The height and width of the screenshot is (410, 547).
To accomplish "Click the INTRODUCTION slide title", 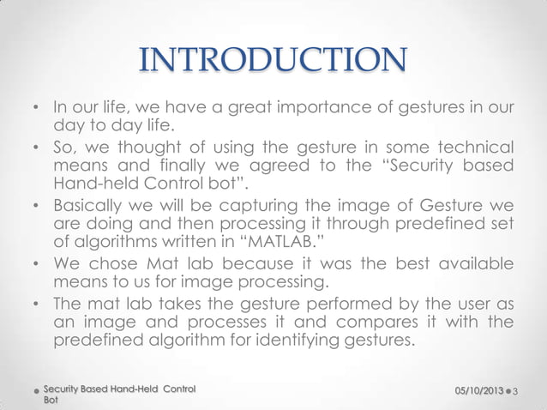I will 273,61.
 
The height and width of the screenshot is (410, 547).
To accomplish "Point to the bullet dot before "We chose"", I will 36,262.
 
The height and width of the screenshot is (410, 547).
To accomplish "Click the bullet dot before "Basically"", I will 36,208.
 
